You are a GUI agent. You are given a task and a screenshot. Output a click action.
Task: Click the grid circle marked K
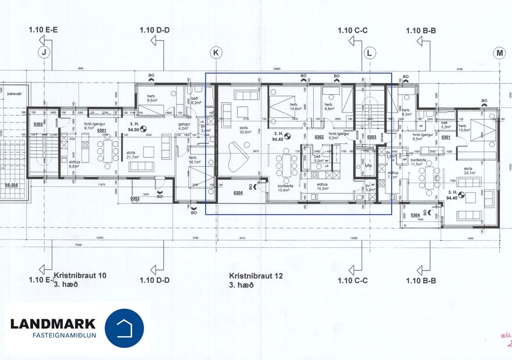(216, 53)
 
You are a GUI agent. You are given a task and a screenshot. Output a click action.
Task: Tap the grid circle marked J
(43, 53)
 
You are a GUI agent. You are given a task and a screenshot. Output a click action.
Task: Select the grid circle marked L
(370, 53)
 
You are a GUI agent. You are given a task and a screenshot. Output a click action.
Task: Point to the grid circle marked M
(499, 53)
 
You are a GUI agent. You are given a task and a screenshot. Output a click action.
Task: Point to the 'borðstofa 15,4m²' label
(284, 187)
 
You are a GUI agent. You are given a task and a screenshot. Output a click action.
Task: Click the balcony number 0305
(238, 193)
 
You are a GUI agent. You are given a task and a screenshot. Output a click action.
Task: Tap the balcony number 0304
(414, 215)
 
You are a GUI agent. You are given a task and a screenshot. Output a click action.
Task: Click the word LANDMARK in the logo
(53, 323)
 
